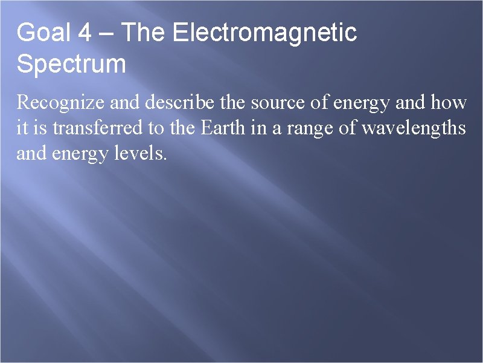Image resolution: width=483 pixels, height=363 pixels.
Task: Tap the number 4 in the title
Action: coord(85,33)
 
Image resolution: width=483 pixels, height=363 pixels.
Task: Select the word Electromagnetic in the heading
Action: coord(264,33)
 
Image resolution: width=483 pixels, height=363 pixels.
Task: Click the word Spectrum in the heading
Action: coord(71,64)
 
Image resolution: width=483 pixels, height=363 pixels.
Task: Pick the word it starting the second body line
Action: coord(21,128)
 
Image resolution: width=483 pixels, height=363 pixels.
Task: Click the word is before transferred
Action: coord(36,128)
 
